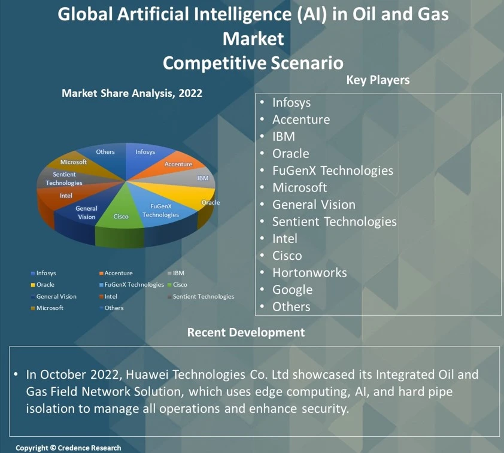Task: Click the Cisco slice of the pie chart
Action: point(121,215)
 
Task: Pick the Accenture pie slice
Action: point(178,164)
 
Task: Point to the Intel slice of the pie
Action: point(66,196)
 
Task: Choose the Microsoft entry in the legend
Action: point(50,308)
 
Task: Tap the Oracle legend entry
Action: point(45,285)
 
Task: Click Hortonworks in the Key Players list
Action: point(309,273)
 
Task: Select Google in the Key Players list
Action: point(292,290)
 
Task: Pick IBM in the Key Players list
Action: point(284,136)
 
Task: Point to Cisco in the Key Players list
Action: point(287,256)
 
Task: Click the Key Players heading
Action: point(378,80)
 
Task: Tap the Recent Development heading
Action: point(245,332)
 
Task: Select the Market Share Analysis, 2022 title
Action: point(132,93)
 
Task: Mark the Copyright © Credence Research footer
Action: point(68,448)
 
